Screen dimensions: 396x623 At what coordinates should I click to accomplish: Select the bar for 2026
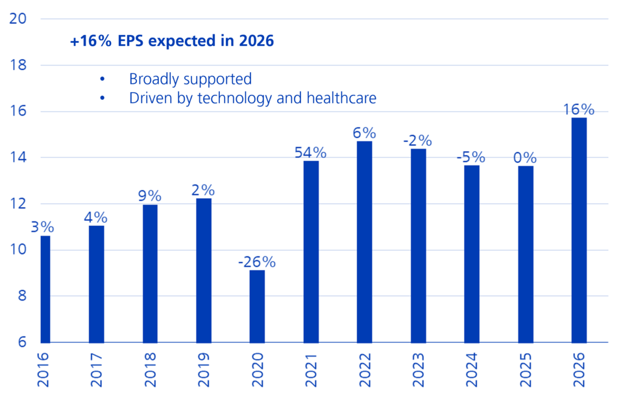pyautogui.click(x=579, y=230)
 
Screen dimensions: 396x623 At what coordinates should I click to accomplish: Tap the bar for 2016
pyautogui.click(x=45, y=289)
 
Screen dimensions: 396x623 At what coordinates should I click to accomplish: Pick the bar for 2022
pyautogui.click(x=364, y=241)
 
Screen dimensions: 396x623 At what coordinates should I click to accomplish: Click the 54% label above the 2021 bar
pyautogui.click(x=310, y=153)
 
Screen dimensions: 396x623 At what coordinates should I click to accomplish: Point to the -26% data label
pyautogui.click(x=256, y=262)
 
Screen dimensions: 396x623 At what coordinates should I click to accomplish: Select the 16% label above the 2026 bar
pyautogui.click(x=579, y=110)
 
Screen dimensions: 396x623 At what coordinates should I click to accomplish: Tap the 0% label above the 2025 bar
pyautogui.click(x=525, y=158)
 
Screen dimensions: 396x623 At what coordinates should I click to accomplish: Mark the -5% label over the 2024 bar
pyautogui.click(x=472, y=158)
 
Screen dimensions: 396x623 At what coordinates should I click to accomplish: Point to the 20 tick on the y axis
pyautogui.click(x=18, y=19)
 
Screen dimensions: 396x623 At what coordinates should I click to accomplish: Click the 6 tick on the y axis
pyautogui.click(x=22, y=342)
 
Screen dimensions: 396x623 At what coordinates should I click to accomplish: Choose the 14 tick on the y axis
pyautogui.click(x=18, y=157)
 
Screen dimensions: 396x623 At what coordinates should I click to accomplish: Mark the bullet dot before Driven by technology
pyautogui.click(x=102, y=98)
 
